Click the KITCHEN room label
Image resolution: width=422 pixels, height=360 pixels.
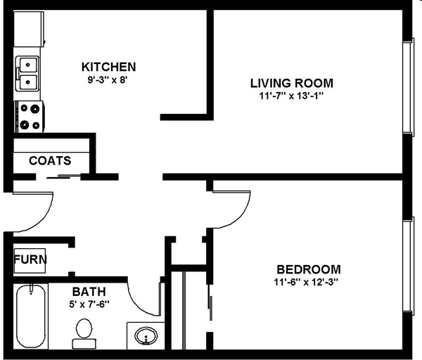(109, 67)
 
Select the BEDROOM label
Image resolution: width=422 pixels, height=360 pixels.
(308, 269)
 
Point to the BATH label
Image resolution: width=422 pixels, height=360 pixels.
(89, 291)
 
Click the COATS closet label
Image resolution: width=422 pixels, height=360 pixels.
(50, 160)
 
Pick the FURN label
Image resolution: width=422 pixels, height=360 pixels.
(30, 259)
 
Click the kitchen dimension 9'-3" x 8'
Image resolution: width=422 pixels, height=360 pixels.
(107, 79)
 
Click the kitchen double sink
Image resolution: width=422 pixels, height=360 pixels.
(28, 74)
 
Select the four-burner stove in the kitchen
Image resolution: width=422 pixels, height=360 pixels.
(30, 117)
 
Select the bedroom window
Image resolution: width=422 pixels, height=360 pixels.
(408, 270)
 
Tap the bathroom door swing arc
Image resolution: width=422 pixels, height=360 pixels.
(144, 295)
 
